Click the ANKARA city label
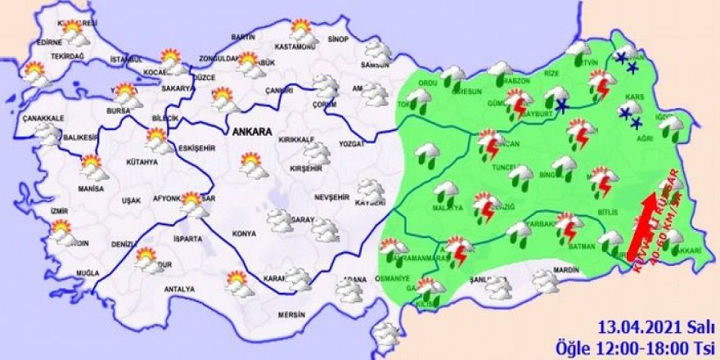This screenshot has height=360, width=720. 250,131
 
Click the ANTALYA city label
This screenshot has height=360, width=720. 179,289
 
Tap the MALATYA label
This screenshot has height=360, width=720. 448,209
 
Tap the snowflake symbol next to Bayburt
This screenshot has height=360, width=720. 562,106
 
